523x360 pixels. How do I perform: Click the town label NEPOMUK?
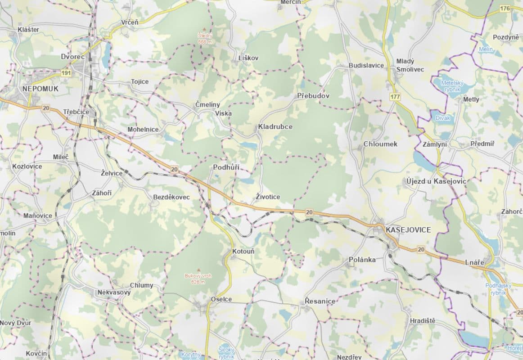41,89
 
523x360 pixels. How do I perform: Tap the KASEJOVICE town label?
408,230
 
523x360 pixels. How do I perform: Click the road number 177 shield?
395,97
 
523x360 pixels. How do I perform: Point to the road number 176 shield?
505,9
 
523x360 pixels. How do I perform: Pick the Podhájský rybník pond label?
496,289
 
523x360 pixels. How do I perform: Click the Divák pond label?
442,118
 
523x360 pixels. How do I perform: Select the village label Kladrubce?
275,127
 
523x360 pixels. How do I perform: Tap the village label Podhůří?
226,167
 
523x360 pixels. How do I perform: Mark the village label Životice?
268,197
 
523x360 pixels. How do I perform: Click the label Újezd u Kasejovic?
436,181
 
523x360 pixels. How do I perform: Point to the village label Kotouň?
243,251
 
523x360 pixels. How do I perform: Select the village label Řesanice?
320,301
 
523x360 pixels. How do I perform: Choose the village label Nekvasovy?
114,292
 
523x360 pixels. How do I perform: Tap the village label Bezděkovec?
171,197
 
